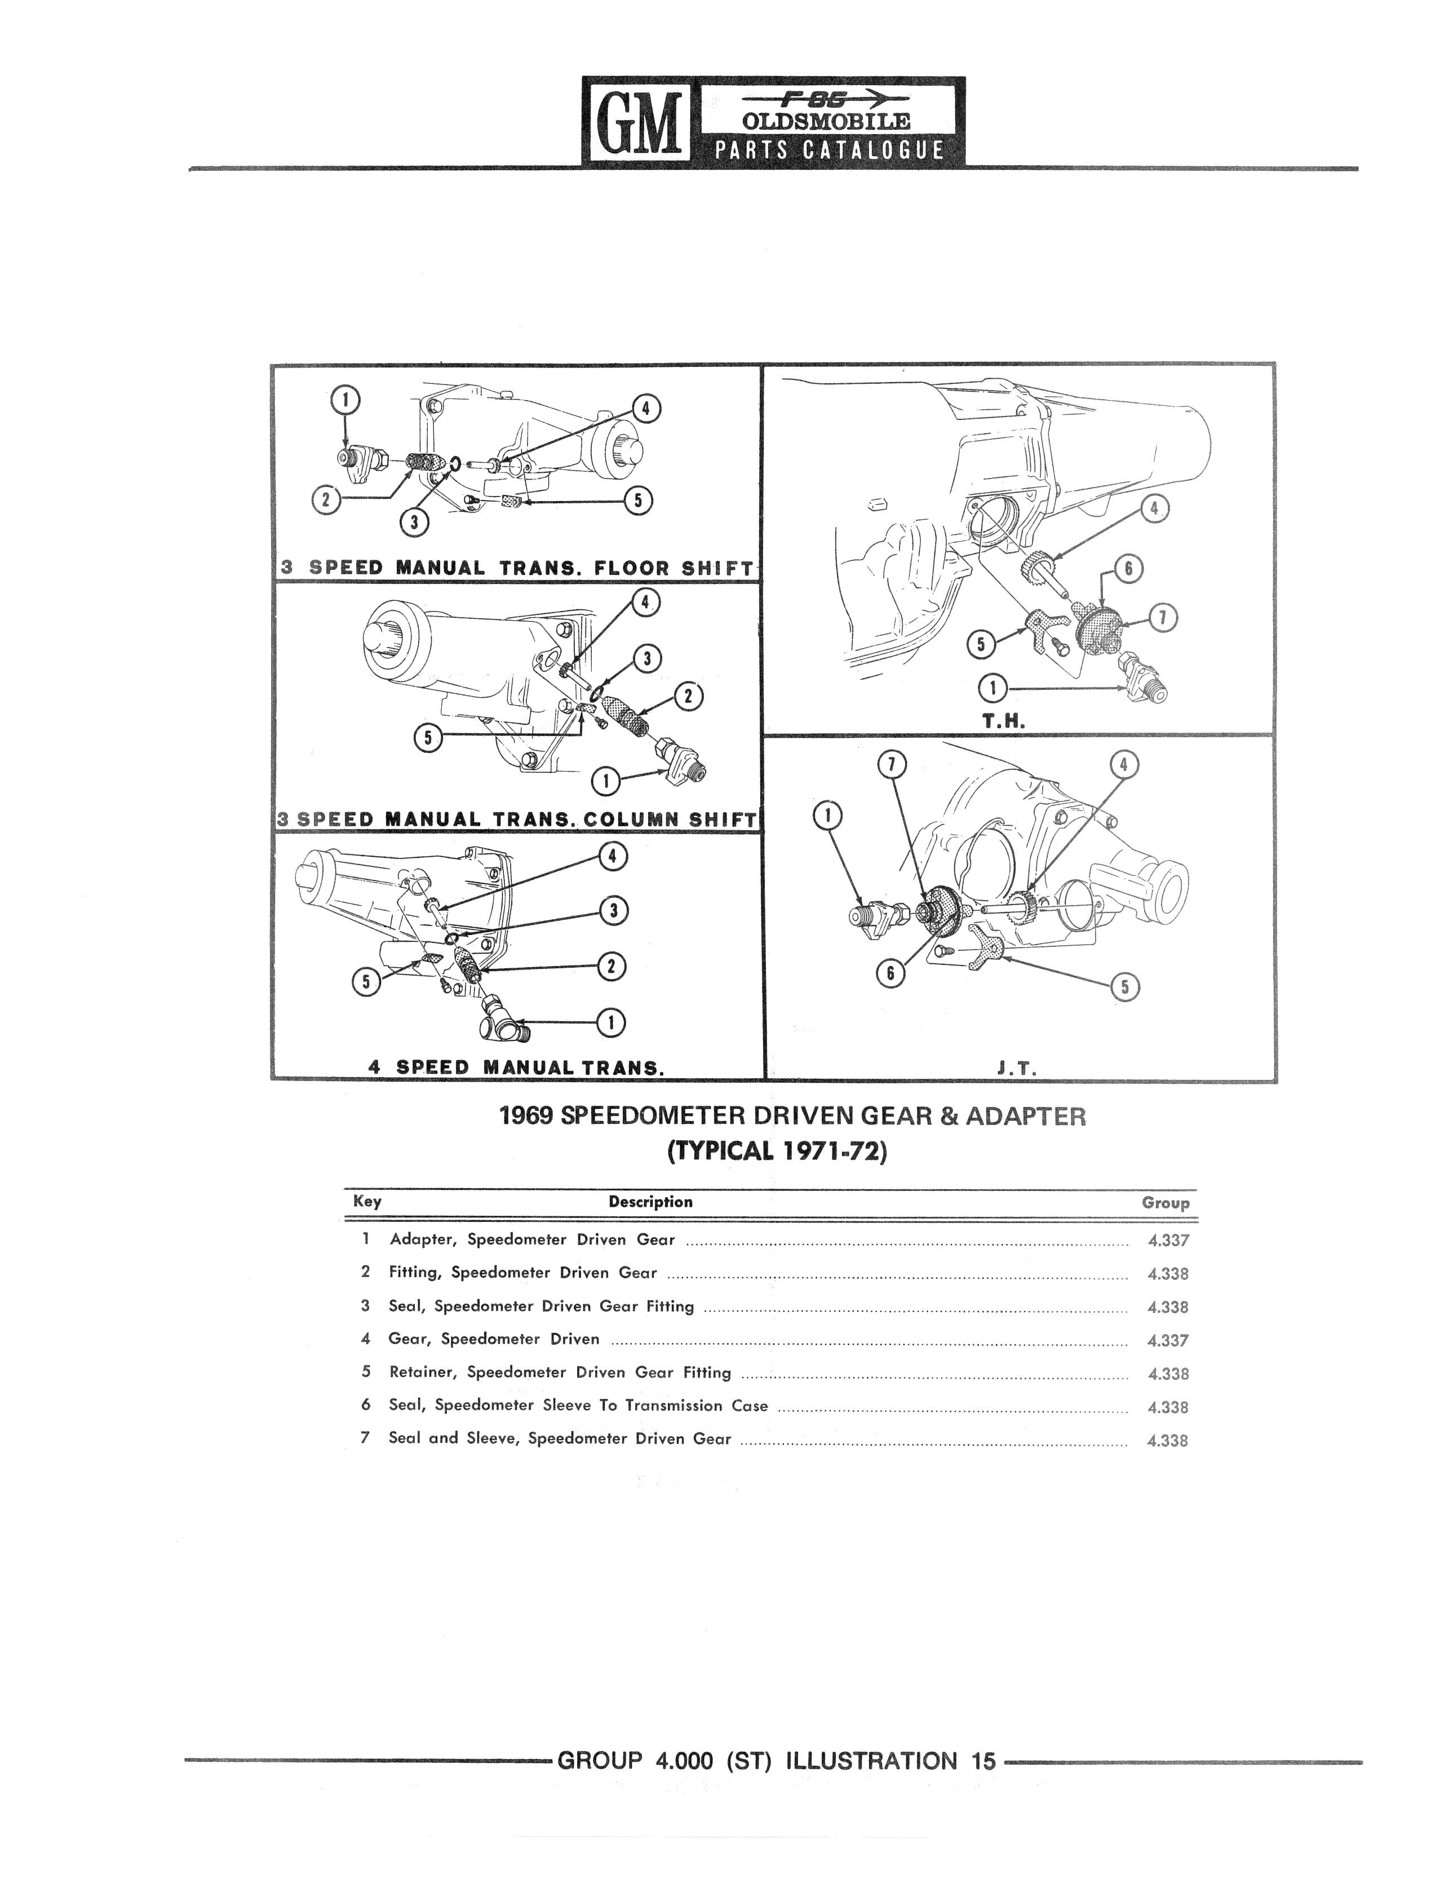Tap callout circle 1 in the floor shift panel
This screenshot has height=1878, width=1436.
click(345, 399)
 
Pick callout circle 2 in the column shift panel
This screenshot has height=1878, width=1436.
click(689, 698)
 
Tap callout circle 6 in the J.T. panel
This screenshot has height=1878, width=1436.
click(890, 973)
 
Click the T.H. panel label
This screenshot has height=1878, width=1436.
click(1003, 721)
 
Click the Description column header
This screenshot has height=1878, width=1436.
click(650, 1202)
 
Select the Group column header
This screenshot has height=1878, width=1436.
click(1165, 1203)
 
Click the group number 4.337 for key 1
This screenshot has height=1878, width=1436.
click(1168, 1241)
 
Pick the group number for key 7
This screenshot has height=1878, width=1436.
click(1168, 1440)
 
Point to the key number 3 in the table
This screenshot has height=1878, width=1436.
click(365, 1306)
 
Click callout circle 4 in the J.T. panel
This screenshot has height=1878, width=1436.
click(1123, 764)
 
